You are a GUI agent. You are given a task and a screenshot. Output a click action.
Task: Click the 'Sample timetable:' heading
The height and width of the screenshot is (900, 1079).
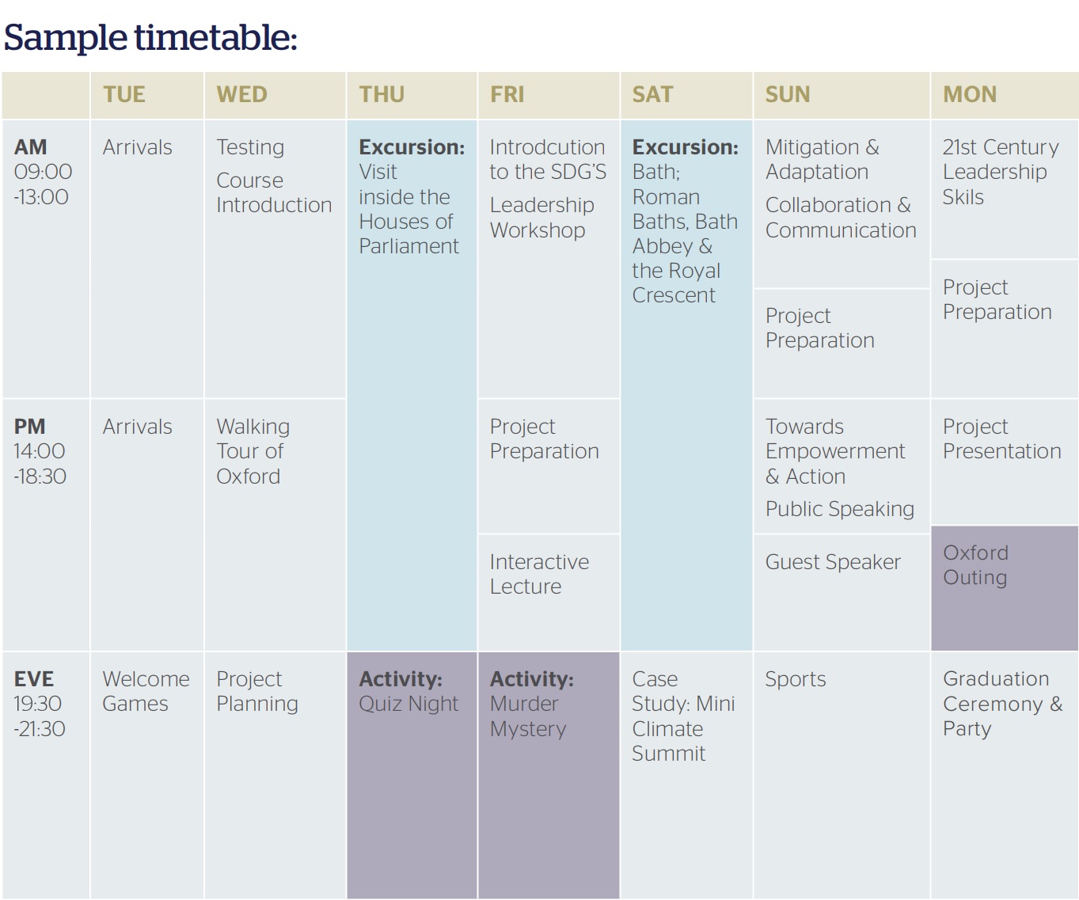pos(150,38)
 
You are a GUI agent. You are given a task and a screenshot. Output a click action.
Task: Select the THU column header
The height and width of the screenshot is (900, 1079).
pos(382,94)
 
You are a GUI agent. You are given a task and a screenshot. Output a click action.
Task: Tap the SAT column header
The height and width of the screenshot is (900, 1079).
pos(652,94)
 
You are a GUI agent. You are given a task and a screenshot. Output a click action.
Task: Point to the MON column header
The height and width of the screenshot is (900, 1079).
pos(970,94)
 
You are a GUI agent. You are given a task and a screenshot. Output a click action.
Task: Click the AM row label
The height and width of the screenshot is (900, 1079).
pos(31,147)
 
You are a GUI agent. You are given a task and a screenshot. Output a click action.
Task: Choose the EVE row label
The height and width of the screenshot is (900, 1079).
pos(33,679)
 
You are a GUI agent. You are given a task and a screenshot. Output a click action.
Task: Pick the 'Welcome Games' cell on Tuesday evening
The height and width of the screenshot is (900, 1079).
pos(146,691)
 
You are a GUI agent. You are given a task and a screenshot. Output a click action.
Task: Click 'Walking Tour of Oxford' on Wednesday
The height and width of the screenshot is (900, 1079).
pos(253,451)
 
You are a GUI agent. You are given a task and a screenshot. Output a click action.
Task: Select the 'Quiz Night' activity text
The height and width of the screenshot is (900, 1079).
pos(408,704)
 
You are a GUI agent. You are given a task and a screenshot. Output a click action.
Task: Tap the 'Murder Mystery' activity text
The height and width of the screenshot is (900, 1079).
pos(528,716)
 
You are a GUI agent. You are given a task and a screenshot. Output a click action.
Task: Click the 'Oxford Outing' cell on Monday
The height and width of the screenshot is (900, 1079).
pos(975,565)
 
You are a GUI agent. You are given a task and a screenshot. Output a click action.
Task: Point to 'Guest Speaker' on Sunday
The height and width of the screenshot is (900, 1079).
pos(833,562)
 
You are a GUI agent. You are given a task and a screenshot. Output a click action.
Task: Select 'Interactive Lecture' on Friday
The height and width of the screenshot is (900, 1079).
pos(540,574)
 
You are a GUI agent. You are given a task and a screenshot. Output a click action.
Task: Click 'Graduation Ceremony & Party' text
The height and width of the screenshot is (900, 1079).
pos(1002,704)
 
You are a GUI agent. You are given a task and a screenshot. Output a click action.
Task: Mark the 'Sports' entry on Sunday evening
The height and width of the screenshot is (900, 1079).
pos(796,680)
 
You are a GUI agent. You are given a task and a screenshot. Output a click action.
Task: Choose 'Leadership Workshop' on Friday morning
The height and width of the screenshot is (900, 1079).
pos(541,218)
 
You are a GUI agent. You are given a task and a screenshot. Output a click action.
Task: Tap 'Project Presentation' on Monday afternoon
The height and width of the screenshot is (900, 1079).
pos(1001,439)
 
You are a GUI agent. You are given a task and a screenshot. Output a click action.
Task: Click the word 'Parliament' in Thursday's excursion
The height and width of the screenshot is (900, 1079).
pos(408,246)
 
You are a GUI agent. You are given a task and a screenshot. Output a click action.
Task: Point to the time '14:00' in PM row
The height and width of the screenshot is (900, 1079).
pos(40,451)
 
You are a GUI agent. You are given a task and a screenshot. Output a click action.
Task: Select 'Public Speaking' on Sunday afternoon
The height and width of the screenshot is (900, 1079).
pos(840,510)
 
